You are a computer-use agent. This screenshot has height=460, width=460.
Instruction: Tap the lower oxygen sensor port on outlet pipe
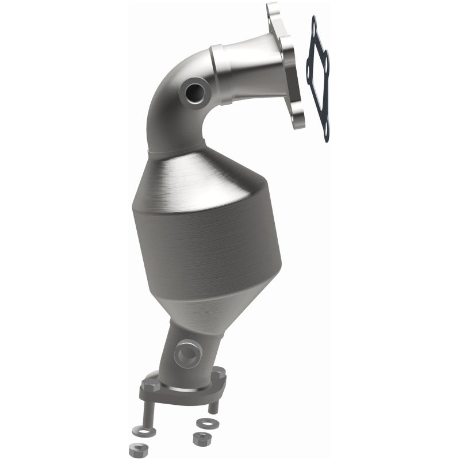187,354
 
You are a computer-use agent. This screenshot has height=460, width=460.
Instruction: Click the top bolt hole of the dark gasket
314,24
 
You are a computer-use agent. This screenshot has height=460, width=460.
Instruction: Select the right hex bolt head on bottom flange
219,374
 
